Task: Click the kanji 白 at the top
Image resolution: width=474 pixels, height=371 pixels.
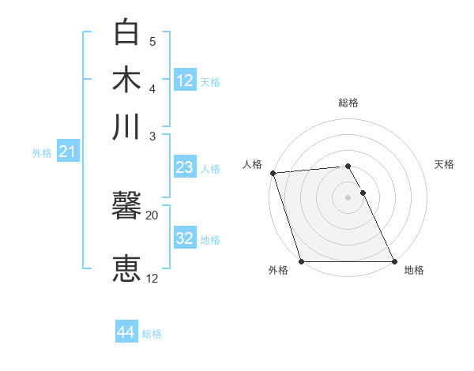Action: click(127, 33)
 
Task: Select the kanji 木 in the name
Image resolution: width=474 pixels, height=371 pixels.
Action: click(127, 79)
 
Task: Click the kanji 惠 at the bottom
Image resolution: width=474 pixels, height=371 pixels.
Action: click(127, 268)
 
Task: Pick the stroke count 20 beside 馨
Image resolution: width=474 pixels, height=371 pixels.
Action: click(152, 215)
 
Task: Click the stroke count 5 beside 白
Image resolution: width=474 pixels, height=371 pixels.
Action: click(152, 41)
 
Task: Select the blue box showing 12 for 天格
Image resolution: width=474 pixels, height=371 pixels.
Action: click(185, 81)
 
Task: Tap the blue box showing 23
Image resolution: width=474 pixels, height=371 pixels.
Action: click(185, 167)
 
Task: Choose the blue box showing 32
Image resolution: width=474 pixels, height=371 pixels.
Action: click(185, 238)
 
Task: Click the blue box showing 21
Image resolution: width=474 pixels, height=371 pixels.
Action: click(66, 152)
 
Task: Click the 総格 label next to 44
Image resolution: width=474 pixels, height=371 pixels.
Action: click(152, 334)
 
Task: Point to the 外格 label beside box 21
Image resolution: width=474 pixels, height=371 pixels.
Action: click(42, 153)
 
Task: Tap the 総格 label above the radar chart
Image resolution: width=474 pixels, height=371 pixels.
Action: click(348, 103)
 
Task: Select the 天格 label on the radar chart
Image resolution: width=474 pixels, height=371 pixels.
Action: click(445, 164)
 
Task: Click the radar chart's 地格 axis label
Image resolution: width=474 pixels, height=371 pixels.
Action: click(414, 270)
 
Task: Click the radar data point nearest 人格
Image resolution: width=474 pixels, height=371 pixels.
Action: click(273, 173)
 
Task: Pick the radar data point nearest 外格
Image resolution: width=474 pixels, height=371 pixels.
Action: click(302, 261)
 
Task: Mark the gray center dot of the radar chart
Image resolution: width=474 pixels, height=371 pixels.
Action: click(348, 197)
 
